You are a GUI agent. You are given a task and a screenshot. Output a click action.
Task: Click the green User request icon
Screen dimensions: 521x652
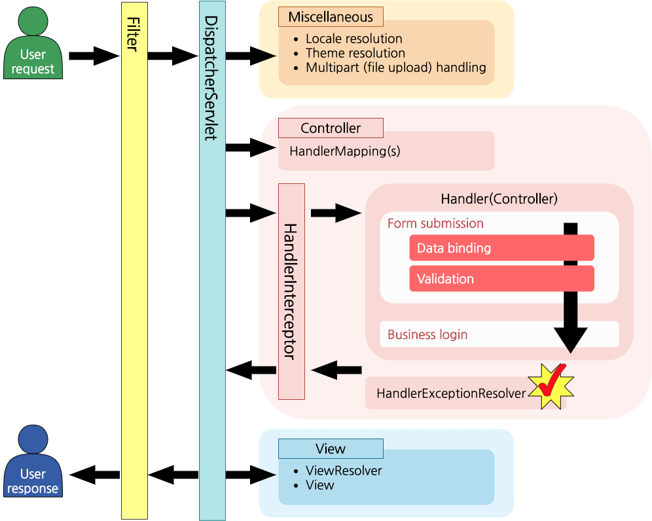[x=33, y=45]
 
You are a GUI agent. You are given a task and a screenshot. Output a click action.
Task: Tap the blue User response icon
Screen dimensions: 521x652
[x=33, y=463]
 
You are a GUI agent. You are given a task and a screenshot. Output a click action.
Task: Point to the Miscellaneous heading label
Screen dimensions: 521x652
[x=331, y=17]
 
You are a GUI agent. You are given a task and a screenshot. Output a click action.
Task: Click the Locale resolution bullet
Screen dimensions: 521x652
[x=353, y=39]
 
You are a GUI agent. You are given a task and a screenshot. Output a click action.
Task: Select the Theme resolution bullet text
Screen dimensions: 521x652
[x=355, y=53]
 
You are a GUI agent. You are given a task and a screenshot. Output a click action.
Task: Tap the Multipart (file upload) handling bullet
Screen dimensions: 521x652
[x=395, y=67]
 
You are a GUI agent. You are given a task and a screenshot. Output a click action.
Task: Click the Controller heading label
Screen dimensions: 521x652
[x=331, y=128]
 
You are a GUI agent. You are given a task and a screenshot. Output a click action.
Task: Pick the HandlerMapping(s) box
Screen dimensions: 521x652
[x=386, y=151]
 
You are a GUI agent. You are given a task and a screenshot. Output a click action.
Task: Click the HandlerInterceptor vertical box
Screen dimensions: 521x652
[x=291, y=291]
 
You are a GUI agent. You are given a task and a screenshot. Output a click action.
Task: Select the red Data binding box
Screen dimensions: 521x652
[x=501, y=249]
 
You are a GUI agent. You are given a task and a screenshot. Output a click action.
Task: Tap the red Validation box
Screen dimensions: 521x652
[x=501, y=279]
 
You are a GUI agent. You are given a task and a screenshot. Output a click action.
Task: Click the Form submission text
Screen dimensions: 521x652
[x=435, y=224]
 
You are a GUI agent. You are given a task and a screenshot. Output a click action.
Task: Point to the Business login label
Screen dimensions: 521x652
[x=427, y=335]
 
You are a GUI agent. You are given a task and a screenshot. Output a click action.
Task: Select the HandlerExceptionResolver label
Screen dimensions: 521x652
[x=451, y=394]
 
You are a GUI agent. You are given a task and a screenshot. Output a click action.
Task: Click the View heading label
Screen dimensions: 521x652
[x=331, y=449]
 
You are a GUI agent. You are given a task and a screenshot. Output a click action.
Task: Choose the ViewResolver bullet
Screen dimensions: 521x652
[x=344, y=471]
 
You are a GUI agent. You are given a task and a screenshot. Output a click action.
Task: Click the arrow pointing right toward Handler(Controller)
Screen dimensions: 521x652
[x=335, y=213]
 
